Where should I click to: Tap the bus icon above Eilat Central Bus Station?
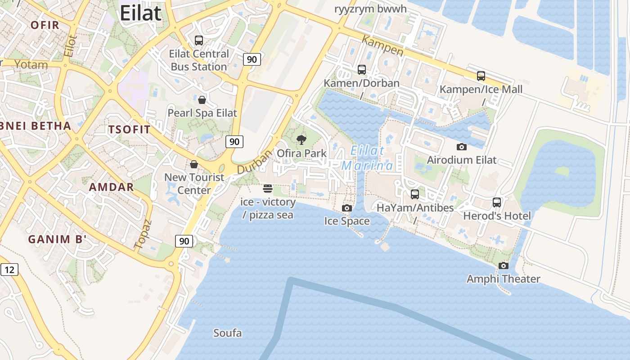point(199,40)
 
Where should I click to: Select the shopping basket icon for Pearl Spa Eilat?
point(202,100)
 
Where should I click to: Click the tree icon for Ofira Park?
point(301,140)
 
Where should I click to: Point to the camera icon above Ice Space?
point(347,208)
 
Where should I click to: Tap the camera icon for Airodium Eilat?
point(461,147)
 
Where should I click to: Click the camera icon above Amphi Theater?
point(504,265)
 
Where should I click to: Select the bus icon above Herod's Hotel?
point(497,202)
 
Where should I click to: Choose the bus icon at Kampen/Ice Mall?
point(481,76)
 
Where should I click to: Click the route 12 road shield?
point(9,270)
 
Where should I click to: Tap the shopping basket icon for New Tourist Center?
point(194,164)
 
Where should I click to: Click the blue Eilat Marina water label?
point(367,158)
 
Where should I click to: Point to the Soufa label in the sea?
point(227,333)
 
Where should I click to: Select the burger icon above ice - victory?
point(268,189)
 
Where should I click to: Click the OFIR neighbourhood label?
point(45,25)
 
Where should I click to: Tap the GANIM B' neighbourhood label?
point(57,239)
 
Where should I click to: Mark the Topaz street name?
point(143,234)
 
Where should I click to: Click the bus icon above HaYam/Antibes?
point(415,194)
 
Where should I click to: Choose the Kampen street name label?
point(382,47)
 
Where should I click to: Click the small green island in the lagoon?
point(562,171)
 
